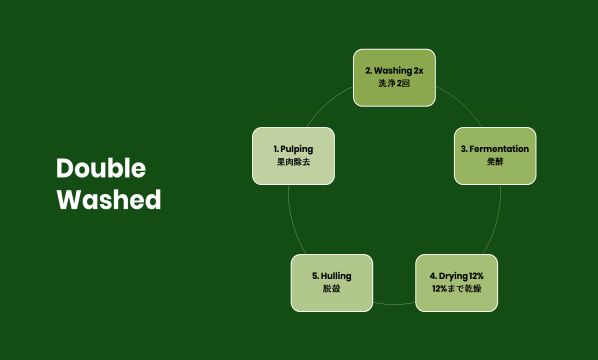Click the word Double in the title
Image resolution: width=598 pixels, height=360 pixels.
point(101,167)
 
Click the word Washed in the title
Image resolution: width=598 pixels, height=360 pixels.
point(108,199)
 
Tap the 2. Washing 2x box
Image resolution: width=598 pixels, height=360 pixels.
point(395,77)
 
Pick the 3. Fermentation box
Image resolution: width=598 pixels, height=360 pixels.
point(495,155)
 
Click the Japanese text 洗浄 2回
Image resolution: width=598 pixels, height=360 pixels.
point(395,84)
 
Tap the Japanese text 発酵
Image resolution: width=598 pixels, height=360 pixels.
point(495,162)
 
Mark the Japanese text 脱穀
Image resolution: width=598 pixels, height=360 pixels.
point(332,289)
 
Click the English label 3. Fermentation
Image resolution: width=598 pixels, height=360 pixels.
point(495,148)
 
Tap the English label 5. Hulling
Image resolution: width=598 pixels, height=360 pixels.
point(332,274)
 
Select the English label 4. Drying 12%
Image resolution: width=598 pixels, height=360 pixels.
point(456,274)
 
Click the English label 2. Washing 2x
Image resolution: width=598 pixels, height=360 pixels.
point(395,70)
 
